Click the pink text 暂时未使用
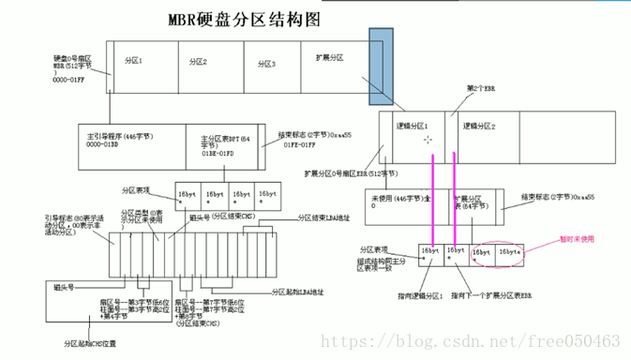click(578, 238)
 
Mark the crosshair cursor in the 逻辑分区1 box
click(428, 140)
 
